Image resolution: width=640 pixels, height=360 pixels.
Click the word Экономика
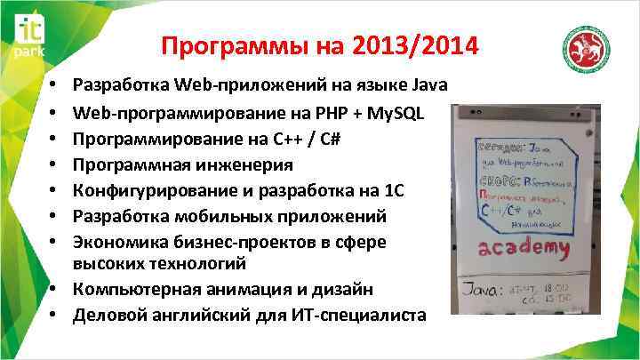(x=115, y=240)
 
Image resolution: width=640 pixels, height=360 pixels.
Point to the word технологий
(x=209, y=264)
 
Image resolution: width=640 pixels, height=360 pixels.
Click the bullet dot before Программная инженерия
(x=55, y=165)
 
